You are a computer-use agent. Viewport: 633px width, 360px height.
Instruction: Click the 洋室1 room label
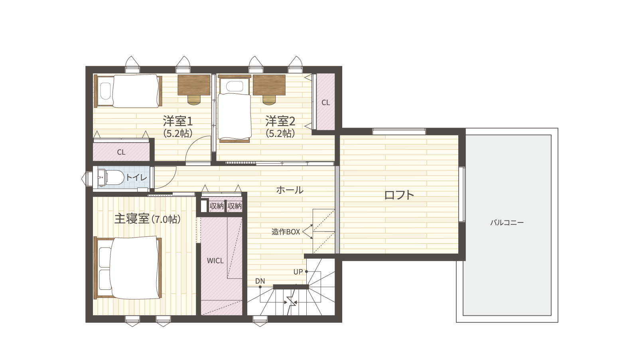178,122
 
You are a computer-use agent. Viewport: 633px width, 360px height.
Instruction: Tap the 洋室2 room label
280,122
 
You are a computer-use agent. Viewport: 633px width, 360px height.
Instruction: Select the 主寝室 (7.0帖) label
147,219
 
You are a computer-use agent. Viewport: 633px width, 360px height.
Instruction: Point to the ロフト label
399,195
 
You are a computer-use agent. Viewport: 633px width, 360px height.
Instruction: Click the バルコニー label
507,223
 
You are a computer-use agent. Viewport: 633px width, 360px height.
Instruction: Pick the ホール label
290,190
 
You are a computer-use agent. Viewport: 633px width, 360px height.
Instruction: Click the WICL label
215,261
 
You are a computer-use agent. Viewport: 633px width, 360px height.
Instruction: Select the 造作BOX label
286,232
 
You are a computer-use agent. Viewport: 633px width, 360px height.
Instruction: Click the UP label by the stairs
298,271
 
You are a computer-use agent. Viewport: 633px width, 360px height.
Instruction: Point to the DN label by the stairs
260,281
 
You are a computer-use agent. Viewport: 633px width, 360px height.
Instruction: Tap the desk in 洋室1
194,85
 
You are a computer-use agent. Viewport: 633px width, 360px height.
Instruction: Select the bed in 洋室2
235,109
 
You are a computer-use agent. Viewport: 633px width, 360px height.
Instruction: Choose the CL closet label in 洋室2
325,103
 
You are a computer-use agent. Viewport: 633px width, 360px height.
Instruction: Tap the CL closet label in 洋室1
121,152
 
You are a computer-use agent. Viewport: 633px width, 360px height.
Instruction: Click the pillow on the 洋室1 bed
105,91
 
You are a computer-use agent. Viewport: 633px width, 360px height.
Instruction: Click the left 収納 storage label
217,206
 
